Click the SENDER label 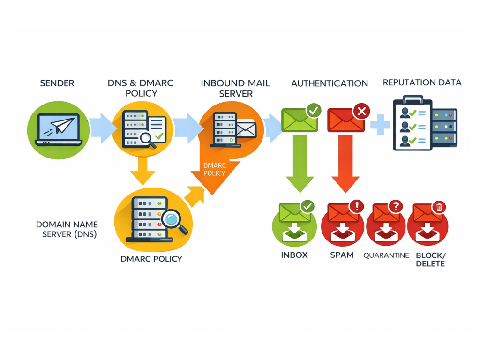tap(57, 83)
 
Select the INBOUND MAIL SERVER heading tap(235, 88)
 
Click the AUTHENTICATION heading tap(330, 83)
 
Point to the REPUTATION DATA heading tap(422, 82)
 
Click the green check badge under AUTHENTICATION tap(314, 111)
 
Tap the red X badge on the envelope tap(361, 112)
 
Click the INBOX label tap(294, 255)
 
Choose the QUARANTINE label tap(386, 255)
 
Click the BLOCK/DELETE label tap(431, 259)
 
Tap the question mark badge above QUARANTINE tap(396, 206)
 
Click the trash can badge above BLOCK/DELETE tap(439, 207)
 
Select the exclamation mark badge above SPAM tap(356, 206)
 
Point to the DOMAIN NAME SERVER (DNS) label tap(67, 229)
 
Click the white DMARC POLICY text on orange tap(214, 169)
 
